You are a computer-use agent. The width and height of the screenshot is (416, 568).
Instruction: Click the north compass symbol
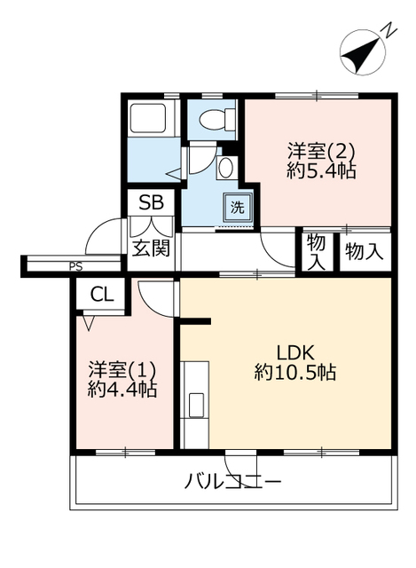click(363, 53)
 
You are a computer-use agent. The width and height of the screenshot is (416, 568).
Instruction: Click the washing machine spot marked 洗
click(238, 208)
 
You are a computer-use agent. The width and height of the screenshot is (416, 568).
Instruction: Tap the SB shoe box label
click(152, 202)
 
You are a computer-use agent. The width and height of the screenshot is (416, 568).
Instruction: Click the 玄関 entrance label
click(151, 248)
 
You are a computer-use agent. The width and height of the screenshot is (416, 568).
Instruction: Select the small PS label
click(76, 267)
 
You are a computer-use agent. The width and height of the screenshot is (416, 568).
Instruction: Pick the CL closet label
click(102, 295)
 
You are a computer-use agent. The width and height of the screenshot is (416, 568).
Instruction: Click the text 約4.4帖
click(122, 390)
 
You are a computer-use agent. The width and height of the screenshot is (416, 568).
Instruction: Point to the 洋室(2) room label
click(320, 152)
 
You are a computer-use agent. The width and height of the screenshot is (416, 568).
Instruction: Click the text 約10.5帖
click(295, 372)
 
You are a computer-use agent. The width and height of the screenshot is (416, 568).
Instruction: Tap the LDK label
click(295, 352)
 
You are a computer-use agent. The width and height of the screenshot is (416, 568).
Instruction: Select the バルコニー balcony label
click(232, 482)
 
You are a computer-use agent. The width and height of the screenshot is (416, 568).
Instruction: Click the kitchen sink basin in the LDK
click(195, 405)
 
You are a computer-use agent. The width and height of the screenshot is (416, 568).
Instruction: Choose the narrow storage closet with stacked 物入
click(316, 252)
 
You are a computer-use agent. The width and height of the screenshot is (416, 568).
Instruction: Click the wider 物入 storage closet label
click(365, 251)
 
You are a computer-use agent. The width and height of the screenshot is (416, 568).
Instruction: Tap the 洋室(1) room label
click(122, 370)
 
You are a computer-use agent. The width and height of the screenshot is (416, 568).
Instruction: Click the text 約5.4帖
click(321, 171)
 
